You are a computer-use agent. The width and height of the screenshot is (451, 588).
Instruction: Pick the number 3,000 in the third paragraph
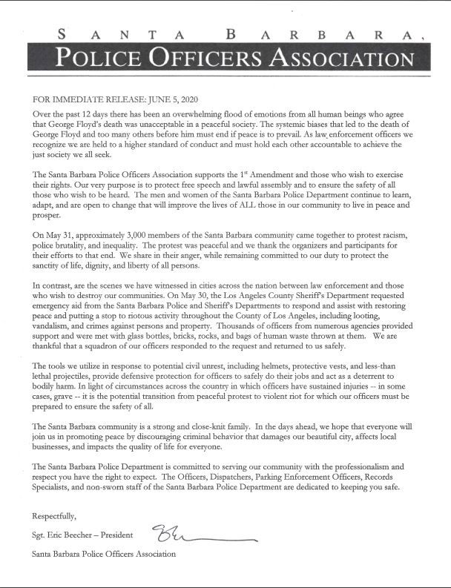(131, 235)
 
